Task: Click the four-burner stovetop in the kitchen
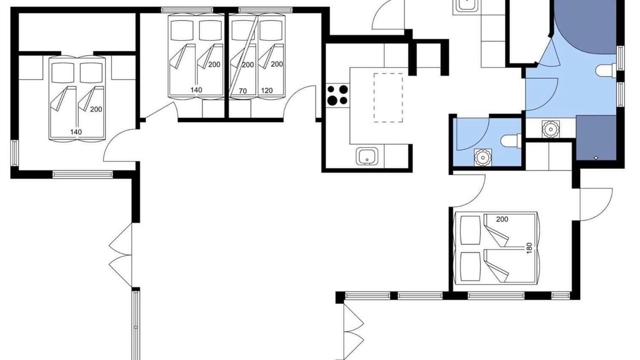(x=337, y=95)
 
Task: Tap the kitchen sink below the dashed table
(x=367, y=156)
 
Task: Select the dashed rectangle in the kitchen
(x=388, y=97)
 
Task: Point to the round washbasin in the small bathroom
(x=483, y=157)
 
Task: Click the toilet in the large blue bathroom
(x=606, y=70)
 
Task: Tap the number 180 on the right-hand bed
(x=529, y=248)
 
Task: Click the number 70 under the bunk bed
(x=242, y=91)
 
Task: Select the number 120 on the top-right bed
(x=267, y=90)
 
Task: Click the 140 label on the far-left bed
(x=76, y=132)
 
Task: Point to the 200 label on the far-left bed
(x=96, y=109)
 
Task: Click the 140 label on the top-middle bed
(x=196, y=90)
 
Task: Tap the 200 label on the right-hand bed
(x=502, y=219)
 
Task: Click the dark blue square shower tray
(x=596, y=137)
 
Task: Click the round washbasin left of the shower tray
(x=550, y=129)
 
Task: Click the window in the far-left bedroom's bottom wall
(x=82, y=174)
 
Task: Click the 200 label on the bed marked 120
(x=276, y=64)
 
